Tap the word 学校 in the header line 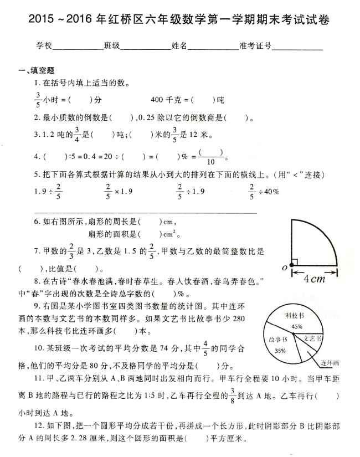tap(44, 47)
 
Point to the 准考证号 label tap(255, 47)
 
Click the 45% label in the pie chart tap(298, 327)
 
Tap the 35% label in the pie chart tap(280, 351)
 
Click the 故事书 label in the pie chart tap(277, 339)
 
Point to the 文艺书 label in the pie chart tap(313, 338)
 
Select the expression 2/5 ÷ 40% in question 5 tap(264, 191)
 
